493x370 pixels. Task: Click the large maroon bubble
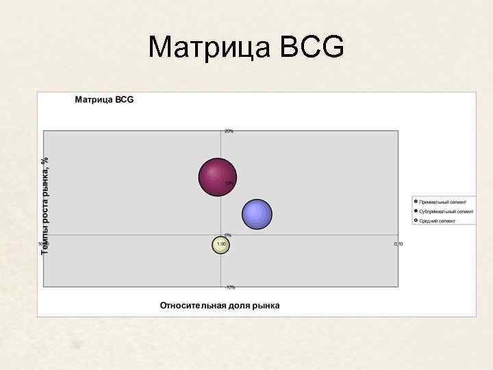point(217,176)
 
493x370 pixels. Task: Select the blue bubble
point(257,214)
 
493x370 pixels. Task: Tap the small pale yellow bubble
point(220,245)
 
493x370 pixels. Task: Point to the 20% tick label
point(229,131)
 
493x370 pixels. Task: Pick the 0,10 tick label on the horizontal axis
point(398,244)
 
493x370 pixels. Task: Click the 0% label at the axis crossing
point(228,235)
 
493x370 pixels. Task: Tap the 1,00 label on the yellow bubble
point(220,244)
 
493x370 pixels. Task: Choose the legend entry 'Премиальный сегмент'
point(442,202)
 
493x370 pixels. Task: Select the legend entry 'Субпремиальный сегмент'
point(446,212)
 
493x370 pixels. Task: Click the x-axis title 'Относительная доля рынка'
point(220,305)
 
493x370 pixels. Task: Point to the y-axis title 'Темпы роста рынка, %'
point(45,206)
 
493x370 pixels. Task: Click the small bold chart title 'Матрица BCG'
point(104,100)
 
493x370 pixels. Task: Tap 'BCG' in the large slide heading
point(312,48)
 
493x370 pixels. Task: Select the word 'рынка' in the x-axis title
point(264,305)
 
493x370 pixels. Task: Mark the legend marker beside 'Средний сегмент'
point(416,221)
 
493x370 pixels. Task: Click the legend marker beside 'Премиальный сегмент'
point(416,202)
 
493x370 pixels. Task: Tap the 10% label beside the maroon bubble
point(229,184)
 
